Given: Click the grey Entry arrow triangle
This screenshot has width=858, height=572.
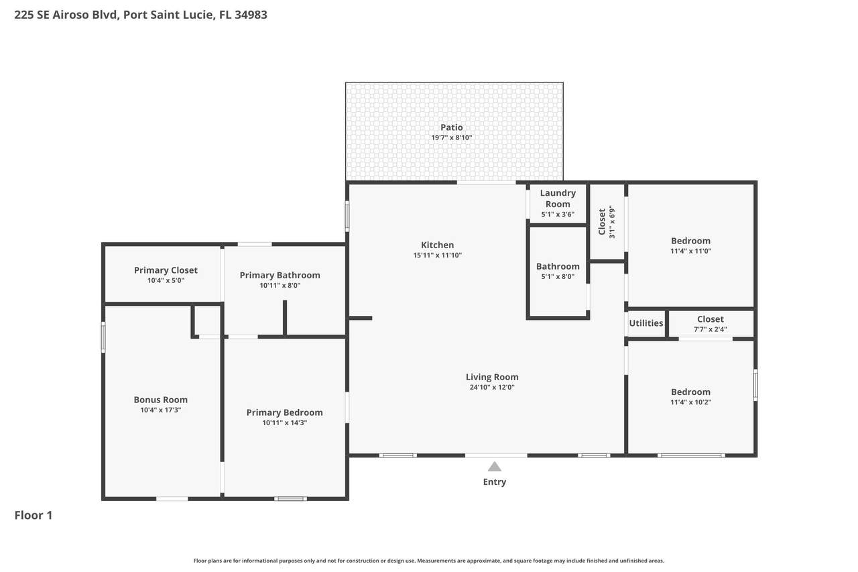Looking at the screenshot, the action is tap(495, 467).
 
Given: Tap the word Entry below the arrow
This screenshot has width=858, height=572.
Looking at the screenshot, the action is tap(495, 481).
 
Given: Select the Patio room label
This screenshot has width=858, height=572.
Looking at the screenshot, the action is tap(452, 127).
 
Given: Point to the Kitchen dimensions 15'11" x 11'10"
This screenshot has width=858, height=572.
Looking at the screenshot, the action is tap(438, 255).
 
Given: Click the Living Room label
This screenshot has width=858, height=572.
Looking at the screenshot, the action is tap(492, 377).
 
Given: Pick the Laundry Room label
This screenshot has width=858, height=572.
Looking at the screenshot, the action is tap(558, 198).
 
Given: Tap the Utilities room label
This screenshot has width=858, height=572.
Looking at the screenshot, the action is tap(646, 323).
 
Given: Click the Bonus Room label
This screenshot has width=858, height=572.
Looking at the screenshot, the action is tap(160, 400).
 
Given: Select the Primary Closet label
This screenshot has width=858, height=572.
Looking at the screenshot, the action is tap(166, 270).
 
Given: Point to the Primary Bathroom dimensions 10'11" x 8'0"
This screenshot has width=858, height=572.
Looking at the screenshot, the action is tap(280, 286).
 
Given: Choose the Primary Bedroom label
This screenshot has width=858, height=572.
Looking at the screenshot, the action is tap(285, 412).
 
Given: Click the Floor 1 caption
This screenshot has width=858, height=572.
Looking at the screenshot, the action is tap(34, 515).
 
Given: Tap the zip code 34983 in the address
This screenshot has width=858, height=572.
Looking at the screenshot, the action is tap(251, 15).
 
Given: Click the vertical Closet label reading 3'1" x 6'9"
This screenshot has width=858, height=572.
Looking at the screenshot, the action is tap(607, 222).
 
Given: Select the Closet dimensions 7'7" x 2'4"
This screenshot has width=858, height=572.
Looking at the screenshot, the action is tap(711, 329).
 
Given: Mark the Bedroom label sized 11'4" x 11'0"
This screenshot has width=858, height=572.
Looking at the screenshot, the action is tap(690, 241).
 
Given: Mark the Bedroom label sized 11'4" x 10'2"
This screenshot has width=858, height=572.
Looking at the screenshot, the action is tap(690, 392).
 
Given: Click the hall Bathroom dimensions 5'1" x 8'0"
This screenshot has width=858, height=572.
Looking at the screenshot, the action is tap(558, 277).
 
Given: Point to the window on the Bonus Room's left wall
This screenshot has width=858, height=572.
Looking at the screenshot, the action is tap(103, 337).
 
